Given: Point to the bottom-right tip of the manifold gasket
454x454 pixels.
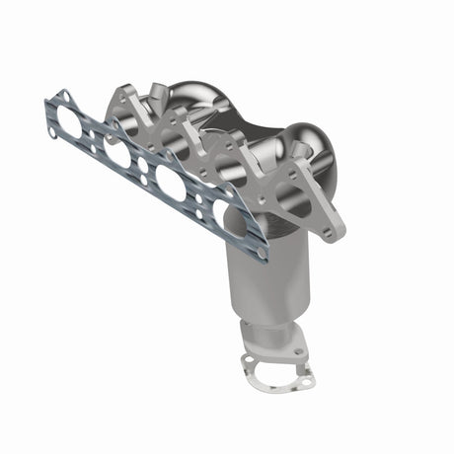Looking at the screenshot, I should click(x=262, y=259).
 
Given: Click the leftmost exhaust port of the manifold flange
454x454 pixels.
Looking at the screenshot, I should click(x=125, y=127).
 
